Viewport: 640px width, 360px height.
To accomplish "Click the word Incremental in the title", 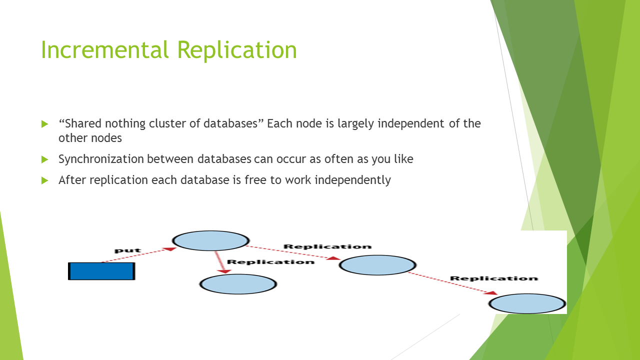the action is [x=105, y=49].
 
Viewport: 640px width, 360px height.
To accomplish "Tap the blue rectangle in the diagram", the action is [x=101, y=271].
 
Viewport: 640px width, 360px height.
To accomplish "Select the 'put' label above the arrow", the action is [x=127, y=250].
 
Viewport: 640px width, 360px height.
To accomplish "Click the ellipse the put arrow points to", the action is [x=210, y=241].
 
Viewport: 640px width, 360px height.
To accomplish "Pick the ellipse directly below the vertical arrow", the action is [x=238, y=284].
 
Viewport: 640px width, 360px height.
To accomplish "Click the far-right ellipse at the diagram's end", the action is [x=527, y=303].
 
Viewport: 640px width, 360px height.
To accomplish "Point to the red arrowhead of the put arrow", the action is [x=170, y=249].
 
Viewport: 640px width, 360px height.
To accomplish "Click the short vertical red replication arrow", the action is [x=220, y=262].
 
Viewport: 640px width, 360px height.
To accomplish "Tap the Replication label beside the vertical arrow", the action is [x=270, y=262].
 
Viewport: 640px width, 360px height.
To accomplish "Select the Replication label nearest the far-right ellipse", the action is [x=494, y=278].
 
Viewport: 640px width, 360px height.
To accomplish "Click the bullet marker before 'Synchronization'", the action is [x=45, y=159].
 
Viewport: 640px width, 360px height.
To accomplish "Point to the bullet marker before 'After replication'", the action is [x=45, y=180].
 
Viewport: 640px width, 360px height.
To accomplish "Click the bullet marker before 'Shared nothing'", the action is [x=45, y=123].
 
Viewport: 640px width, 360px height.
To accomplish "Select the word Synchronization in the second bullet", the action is [x=101, y=159].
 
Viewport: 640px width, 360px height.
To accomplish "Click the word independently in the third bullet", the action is [x=352, y=180].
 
